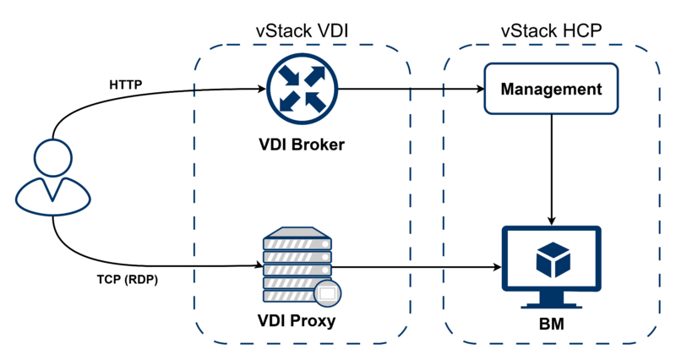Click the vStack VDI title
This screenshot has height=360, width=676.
tap(303, 31)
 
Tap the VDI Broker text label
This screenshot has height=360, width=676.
tap(302, 145)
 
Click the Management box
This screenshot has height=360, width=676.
tap(550, 89)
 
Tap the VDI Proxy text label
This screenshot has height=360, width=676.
tap(297, 321)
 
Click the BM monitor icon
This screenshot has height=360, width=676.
tap(550, 265)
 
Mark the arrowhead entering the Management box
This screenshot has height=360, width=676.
tap(479, 88)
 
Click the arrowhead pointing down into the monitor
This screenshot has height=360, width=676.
tap(550, 219)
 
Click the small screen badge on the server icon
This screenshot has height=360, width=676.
tap(326, 294)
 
